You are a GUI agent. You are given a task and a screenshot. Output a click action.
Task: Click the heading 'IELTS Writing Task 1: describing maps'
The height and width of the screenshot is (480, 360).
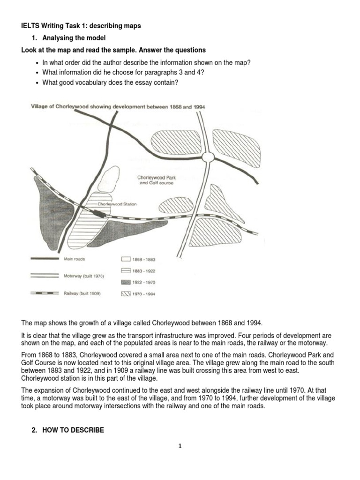coord(81,26)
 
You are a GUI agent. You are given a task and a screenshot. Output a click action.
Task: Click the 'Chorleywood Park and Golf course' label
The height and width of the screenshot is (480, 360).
coord(155,180)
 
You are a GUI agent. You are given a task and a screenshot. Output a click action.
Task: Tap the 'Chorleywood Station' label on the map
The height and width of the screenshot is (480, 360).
coord(117,204)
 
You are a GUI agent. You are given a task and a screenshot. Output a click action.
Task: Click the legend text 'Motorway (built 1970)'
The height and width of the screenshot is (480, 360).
coord(83,276)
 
